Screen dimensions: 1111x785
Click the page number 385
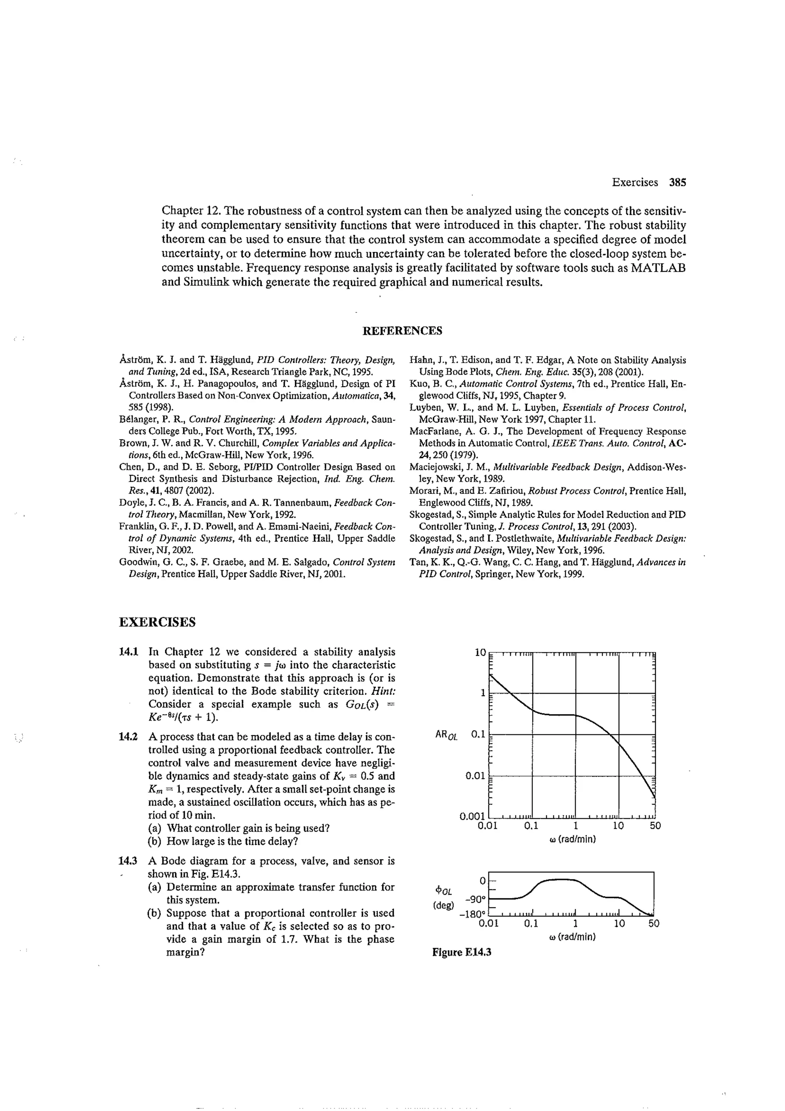pos(677,183)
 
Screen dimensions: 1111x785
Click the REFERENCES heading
pos(402,331)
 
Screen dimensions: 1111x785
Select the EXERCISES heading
pos(157,622)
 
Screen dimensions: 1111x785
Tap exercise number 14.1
pos(129,652)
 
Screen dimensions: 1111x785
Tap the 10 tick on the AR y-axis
pos(480,653)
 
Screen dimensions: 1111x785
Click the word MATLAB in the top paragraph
pos(658,268)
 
